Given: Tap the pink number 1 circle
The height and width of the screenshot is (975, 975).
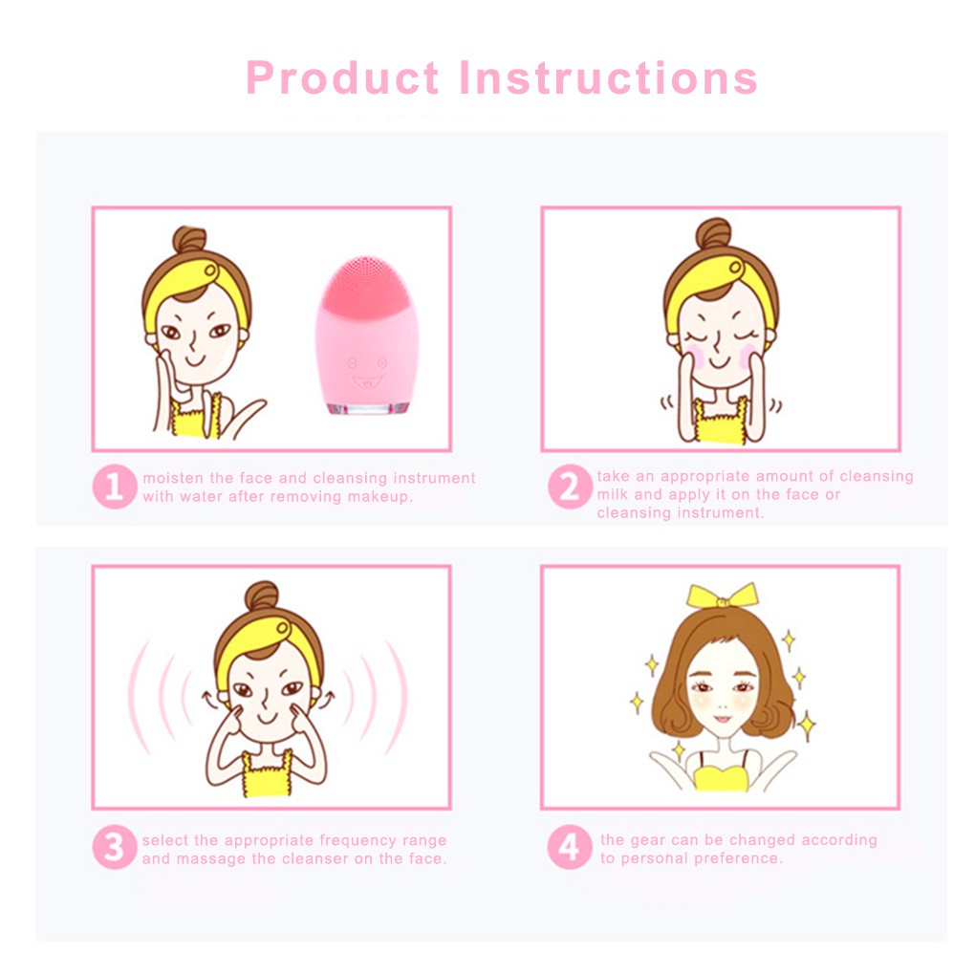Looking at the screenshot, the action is pos(115,487).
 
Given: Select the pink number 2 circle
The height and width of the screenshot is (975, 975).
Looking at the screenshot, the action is pos(570,487).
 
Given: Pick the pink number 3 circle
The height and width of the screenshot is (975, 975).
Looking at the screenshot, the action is pos(115,847).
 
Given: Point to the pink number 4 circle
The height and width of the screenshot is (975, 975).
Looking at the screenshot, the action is pos(570,847).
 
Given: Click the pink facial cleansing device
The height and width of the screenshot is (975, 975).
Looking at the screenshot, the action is pos(367,336).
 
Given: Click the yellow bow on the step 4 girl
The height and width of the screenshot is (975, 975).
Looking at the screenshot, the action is pos(723,596).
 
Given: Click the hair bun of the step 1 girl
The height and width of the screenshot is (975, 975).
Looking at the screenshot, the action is pos(189,239).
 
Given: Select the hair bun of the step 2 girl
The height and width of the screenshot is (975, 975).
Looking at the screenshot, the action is pos(713,233).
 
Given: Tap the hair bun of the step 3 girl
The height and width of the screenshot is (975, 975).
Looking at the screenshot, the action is pos(261,596).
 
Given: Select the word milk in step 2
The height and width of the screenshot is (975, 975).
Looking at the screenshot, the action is pos(613,494).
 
